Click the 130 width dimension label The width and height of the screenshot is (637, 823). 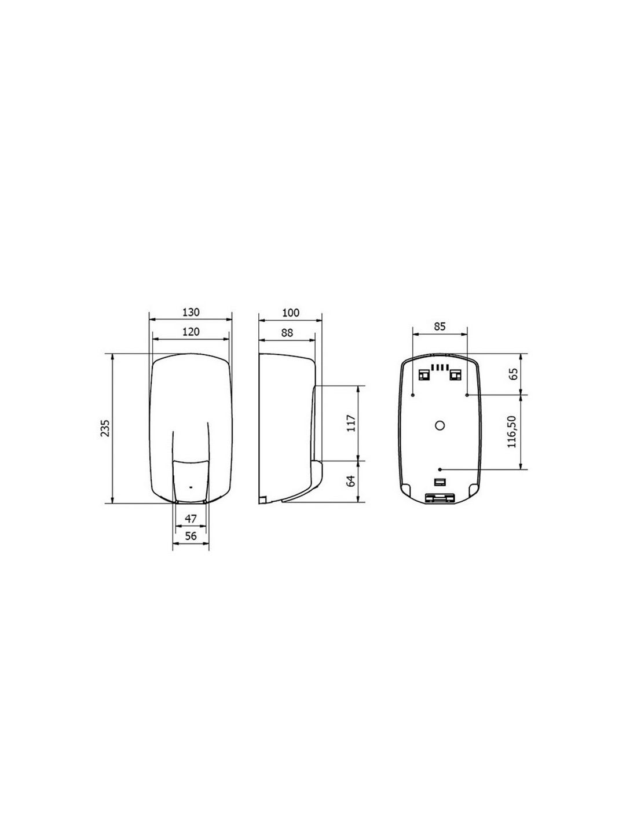191,313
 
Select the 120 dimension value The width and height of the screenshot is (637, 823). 191,332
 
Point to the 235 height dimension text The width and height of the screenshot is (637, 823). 105,428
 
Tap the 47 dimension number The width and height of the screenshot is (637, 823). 190,519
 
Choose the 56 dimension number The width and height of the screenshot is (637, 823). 190,536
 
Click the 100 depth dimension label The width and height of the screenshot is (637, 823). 291,313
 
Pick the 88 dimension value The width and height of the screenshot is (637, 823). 287,333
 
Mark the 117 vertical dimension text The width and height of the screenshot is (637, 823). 352,424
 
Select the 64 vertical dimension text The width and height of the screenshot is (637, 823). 352,481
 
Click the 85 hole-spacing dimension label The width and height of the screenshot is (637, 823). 440,326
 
